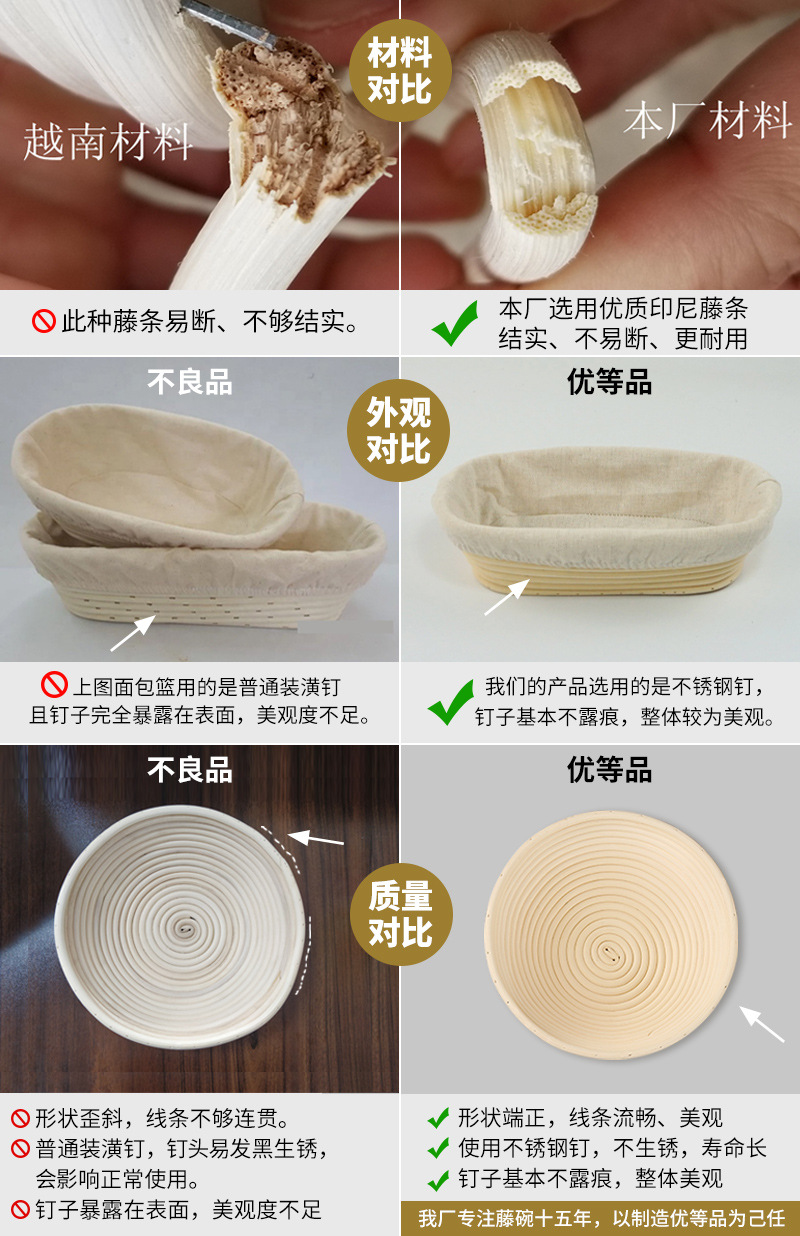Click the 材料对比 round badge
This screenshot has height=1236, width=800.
click(400, 70)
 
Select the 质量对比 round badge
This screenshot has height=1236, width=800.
click(400, 912)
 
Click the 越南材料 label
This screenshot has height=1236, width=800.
click(108, 142)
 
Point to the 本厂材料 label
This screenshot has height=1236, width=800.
click(707, 121)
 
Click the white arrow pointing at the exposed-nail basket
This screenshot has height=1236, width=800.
click(133, 634)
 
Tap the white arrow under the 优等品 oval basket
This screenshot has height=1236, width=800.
click(507, 597)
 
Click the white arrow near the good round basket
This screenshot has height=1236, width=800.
click(762, 1024)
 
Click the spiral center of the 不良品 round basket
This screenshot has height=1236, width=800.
click(184, 928)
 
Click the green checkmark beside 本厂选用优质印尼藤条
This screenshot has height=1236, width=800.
click(455, 325)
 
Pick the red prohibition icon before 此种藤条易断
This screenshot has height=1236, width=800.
click(44, 321)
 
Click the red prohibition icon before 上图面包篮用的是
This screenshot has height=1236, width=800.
click(53, 686)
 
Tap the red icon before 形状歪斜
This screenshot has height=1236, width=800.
click(20, 1118)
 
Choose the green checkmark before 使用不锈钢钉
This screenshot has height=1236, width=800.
click(438, 1149)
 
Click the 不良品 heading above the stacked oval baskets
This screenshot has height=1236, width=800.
click(190, 382)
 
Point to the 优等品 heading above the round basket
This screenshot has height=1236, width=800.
click(609, 769)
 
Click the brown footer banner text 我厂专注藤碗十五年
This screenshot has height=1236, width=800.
click(600, 1218)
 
